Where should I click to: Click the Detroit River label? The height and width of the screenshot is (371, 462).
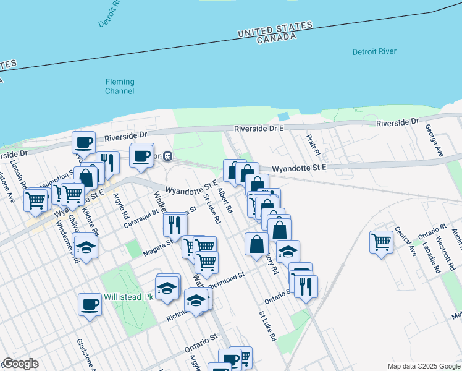[x=374, y=52]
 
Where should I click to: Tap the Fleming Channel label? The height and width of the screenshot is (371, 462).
[x=119, y=87]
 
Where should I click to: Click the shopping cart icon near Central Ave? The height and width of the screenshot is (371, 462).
[x=381, y=242]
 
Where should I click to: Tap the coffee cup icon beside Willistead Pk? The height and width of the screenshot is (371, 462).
[x=90, y=304]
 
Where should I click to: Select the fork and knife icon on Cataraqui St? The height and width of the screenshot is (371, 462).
[x=174, y=224]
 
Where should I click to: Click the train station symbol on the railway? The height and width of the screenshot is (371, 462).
[x=168, y=157]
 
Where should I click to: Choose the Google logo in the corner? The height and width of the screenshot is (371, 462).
[x=20, y=364]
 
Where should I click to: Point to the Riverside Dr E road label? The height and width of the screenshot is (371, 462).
[x=258, y=129]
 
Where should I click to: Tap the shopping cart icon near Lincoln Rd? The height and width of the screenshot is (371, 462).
[x=36, y=200]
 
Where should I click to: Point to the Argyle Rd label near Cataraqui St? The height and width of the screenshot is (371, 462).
[x=120, y=207]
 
